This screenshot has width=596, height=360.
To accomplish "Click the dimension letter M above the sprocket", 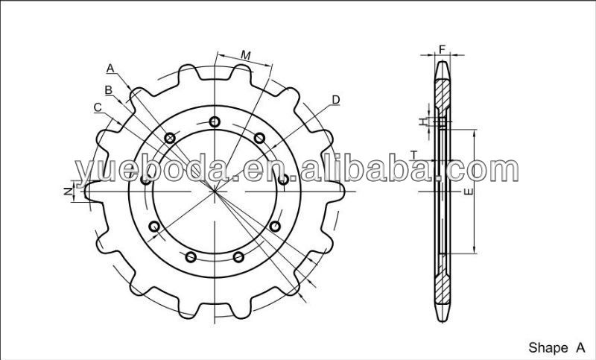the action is (x=246, y=55).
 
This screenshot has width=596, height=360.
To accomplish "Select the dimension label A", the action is (x=110, y=69).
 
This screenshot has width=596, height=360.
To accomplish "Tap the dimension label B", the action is (x=109, y=90).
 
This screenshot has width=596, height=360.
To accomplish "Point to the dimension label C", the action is (x=98, y=107).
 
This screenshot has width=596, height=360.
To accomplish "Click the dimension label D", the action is (x=336, y=100).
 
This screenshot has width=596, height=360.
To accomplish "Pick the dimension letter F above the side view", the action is (x=442, y=49).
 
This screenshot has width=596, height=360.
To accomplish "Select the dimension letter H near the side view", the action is (x=423, y=121).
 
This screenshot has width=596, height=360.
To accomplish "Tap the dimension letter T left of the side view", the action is (x=414, y=155).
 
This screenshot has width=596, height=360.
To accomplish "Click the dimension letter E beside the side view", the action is (x=469, y=192).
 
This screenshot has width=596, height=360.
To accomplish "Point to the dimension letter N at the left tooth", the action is (x=68, y=192).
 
